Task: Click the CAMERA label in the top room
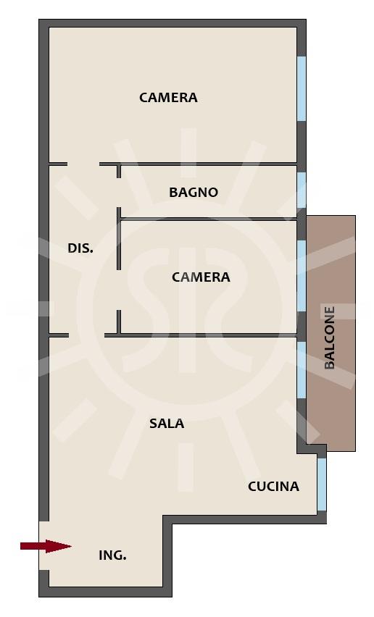(x=168, y=97)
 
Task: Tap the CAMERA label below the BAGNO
(x=201, y=277)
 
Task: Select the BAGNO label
(x=194, y=192)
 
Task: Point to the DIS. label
(x=80, y=248)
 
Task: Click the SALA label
(x=167, y=424)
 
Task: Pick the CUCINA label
(x=273, y=487)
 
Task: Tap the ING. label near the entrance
(x=112, y=555)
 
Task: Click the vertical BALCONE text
(x=330, y=337)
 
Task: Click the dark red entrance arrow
(x=46, y=546)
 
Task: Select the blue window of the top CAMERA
(x=302, y=88)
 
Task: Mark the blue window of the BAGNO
(x=302, y=190)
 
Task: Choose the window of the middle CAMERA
(x=302, y=275)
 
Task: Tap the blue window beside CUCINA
(x=322, y=484)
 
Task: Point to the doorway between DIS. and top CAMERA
(x=83, y=164)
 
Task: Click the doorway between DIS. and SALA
(x=86, y=335)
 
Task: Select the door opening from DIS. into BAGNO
(x=119, y=193)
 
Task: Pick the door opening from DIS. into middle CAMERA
(x=119, y=290)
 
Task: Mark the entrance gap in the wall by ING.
(x=43, y=546)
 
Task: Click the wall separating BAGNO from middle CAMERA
(x=209, y=219)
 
